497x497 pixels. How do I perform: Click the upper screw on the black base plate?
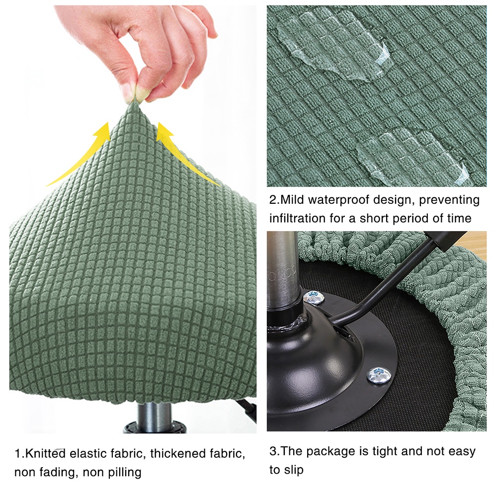click(x=313, y=298)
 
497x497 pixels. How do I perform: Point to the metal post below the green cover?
click(x=155, y=418)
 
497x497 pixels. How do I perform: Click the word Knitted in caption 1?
click(x=45, y=453)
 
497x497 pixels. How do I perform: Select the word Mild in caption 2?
click(x=292, y=200)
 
